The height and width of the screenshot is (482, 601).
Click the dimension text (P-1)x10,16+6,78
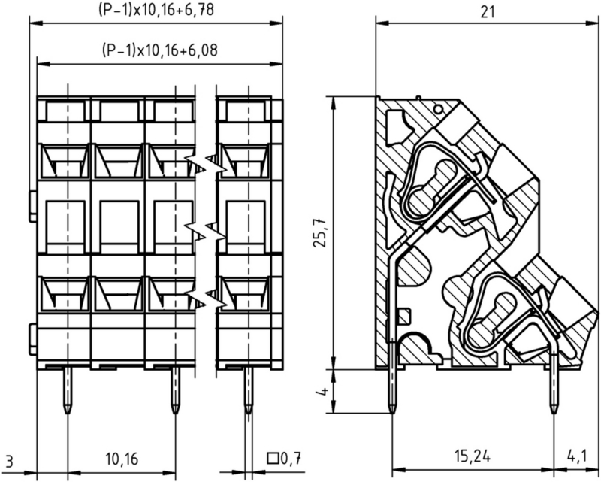point(156,10)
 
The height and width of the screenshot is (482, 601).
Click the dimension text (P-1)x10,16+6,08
point(160,50)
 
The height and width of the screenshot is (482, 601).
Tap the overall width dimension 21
point(487,12)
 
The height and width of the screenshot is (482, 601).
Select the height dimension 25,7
point(321,232)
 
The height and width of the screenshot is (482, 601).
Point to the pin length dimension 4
point(324,393)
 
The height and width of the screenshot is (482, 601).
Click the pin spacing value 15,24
point(473,456)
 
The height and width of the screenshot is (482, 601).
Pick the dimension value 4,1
point(576,456)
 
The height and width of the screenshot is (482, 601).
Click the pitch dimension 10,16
point(121,459)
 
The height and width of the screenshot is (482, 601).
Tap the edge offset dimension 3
point(10,462)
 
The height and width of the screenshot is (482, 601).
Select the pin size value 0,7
point(291,458)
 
